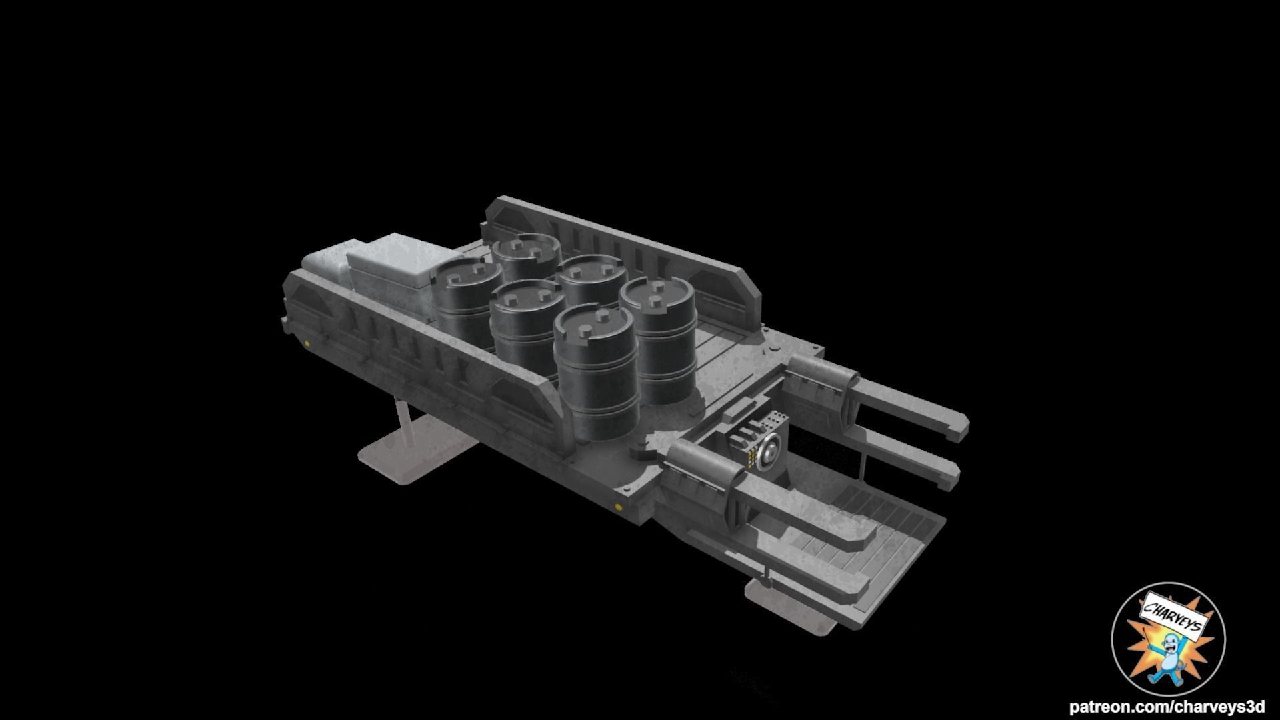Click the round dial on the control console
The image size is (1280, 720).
click(769, 453)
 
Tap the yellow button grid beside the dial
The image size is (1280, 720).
click(753, 459)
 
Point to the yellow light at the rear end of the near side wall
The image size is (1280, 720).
click(307, 344)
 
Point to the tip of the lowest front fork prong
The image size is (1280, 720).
click(861, 587)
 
